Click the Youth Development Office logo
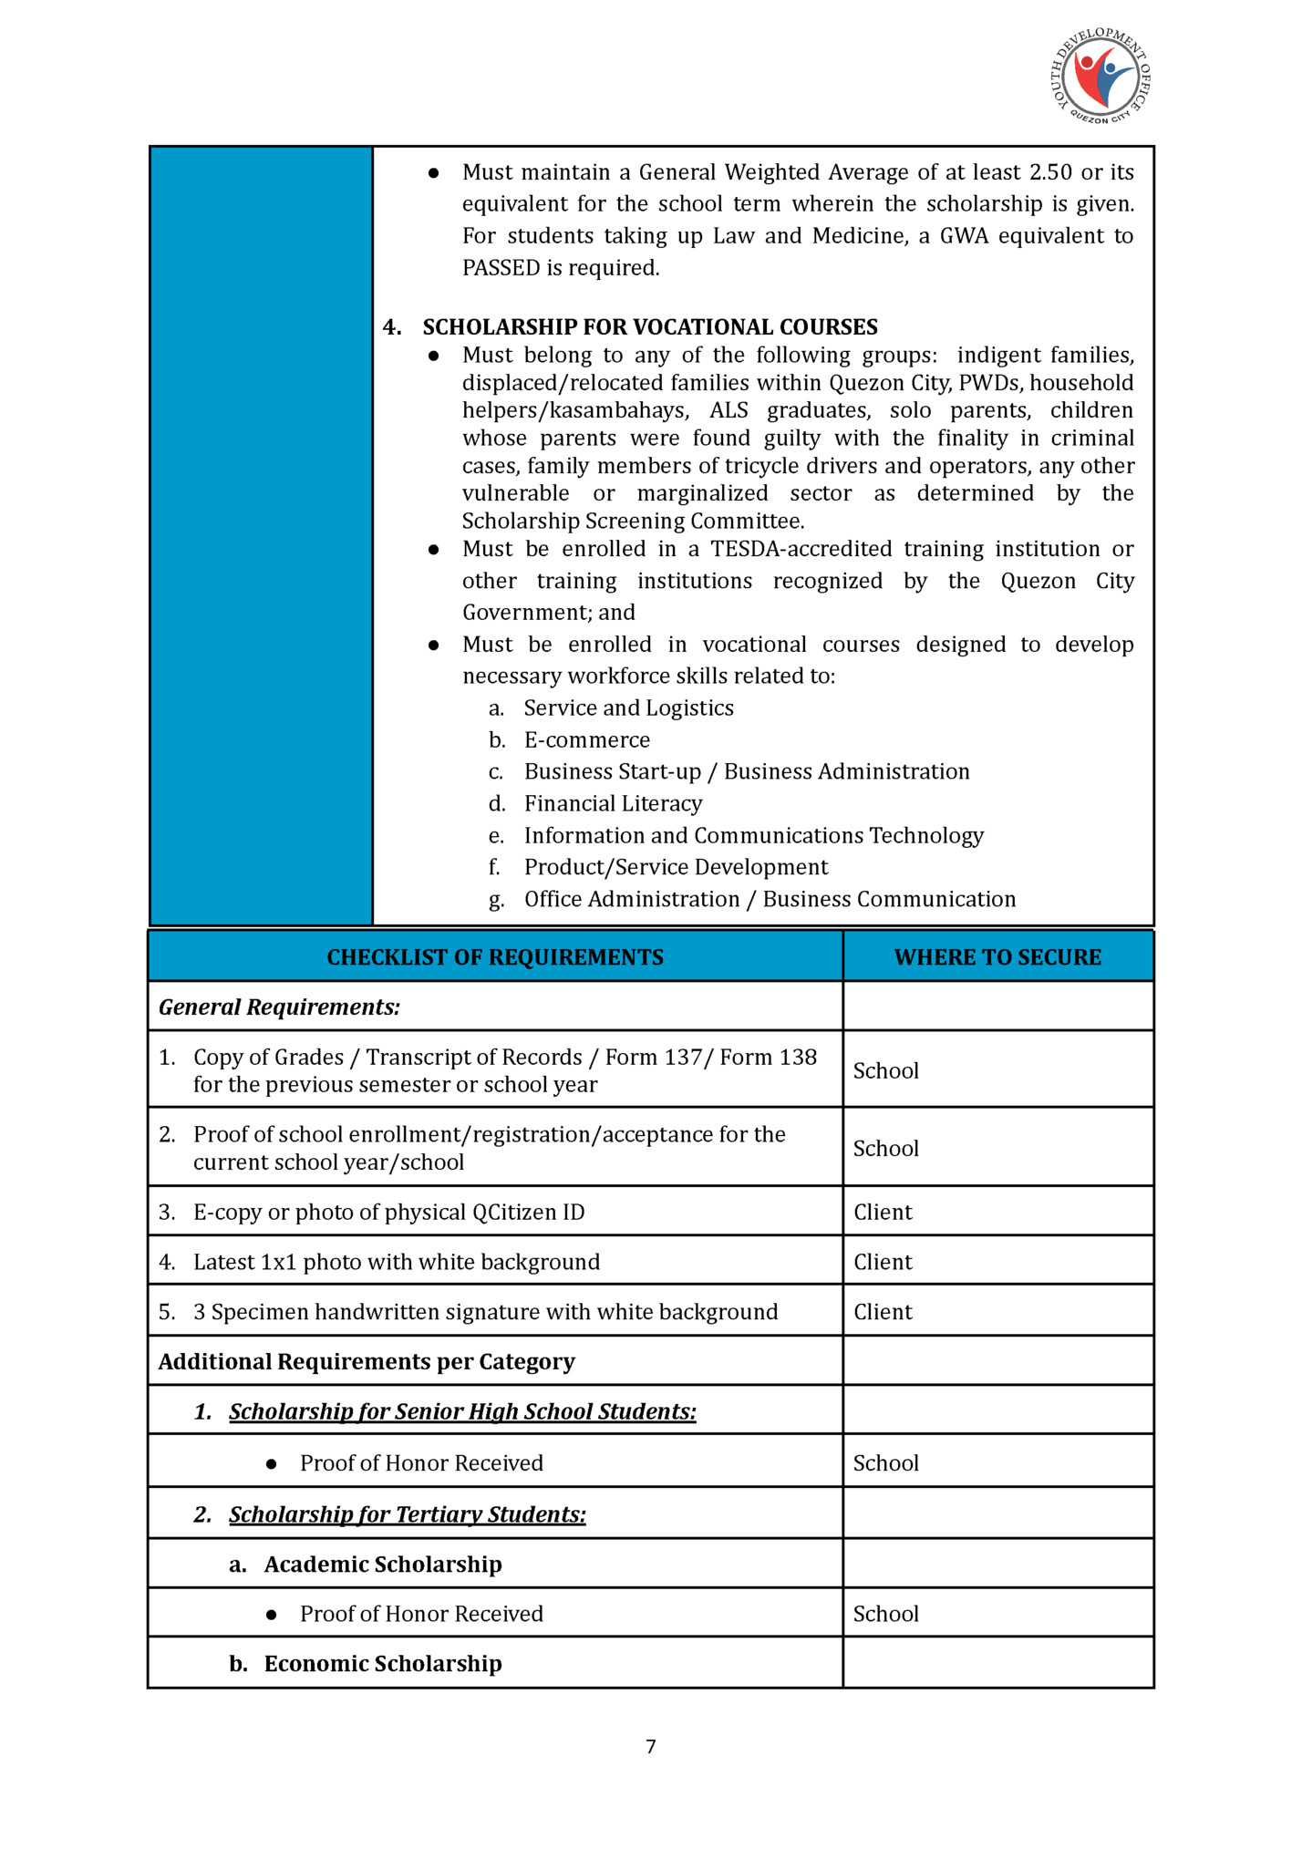click(x=1100, y=77)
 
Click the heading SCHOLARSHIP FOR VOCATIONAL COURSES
click(x=649, y=326)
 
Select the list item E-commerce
click(x=586, y=739)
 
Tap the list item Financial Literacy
click(x=613, y=803)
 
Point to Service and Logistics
click(x=628, y=708)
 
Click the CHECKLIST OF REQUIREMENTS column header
click(x=495, y=956)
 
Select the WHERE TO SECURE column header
click(x=997, y=956)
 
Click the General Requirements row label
click(x=279, y=1007)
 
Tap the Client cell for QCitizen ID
click(x=882, y=1212)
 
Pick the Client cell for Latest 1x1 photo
click(x=882, y=1262)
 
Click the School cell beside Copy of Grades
click(x=885, y=1070)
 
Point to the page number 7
click(x=650, y=1746)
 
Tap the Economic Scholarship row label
click(x=382, y=1663)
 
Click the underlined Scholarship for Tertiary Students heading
click(x=407, y=1513)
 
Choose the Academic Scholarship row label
click(x=382, y=1564)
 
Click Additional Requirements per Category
click(x=367, y=1361)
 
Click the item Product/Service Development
click(x=676, y=867)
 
